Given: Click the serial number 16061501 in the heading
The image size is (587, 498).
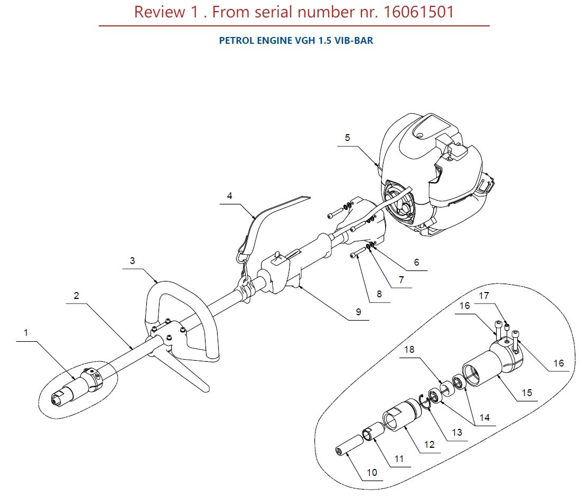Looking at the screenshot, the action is [x=419, y=12].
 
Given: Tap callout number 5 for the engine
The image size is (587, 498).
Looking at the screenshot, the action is [x=348, y=138].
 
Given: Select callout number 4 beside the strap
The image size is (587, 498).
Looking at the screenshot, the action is [x=229, y=196].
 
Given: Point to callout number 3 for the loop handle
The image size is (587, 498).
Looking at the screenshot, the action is [x=132, y=260].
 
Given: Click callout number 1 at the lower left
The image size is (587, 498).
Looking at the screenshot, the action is [x=26, y=333].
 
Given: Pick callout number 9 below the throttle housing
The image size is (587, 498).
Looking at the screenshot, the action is [x=359, y=312].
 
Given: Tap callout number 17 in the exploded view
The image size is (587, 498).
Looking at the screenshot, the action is [x=484, y=296].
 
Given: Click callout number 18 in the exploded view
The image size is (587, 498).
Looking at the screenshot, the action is [x=409, y=349].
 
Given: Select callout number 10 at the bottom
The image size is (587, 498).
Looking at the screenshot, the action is [x=372, y=472].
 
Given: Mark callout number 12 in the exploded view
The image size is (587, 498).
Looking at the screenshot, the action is [x=430, y=444].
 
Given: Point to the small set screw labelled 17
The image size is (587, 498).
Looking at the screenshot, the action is [x=507, y=328].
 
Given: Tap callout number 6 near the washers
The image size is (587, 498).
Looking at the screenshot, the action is [x=416, y=262].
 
